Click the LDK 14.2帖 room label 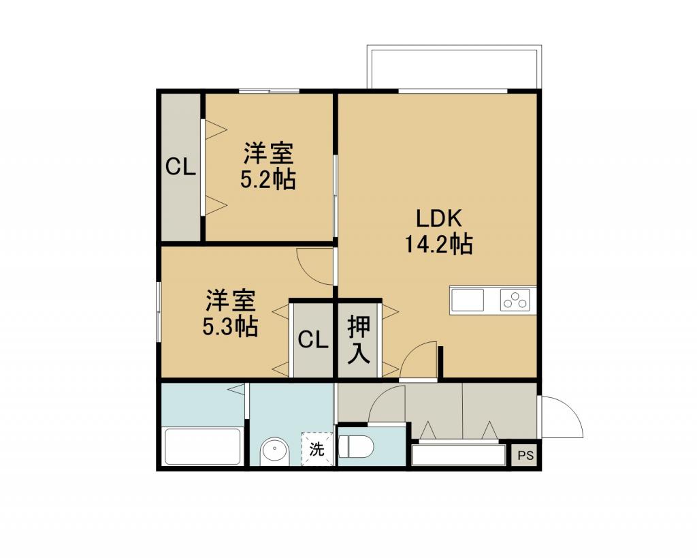click(x=438, y=231)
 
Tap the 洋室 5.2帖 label click(x=268, y=166)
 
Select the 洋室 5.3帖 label click(x=230, y=313)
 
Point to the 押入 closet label click(x=358, y=339)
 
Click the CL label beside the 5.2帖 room click(x=180, y=168)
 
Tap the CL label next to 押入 click(x=313, y=341)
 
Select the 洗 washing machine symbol click(x=317, y=449)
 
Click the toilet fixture click(x=357, y=446)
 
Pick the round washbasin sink click(x=274, y=451)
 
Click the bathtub click(x=203, y=446)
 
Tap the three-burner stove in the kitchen click(x=515, y=299)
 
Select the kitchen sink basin click(x=468, y=300)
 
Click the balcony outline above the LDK click(x=454, y=48)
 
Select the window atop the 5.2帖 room click(x=269, y=92)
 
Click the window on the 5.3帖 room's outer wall click(x=159, y=312)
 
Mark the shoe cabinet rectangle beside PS click(x=458, y=454)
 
